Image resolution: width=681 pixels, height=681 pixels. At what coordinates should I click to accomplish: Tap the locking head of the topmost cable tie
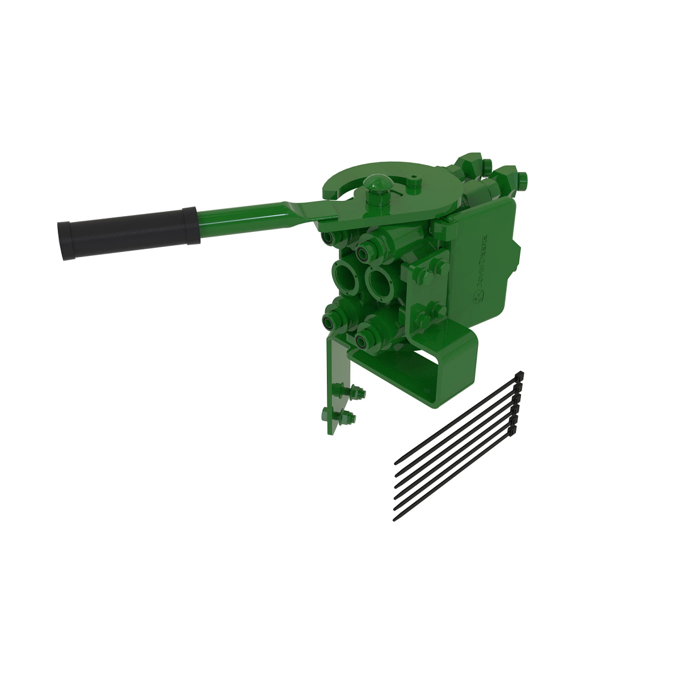[519, 377]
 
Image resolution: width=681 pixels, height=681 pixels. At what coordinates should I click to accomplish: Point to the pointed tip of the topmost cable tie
[396, 464]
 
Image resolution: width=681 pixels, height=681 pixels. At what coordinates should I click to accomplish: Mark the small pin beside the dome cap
[414, 176]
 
